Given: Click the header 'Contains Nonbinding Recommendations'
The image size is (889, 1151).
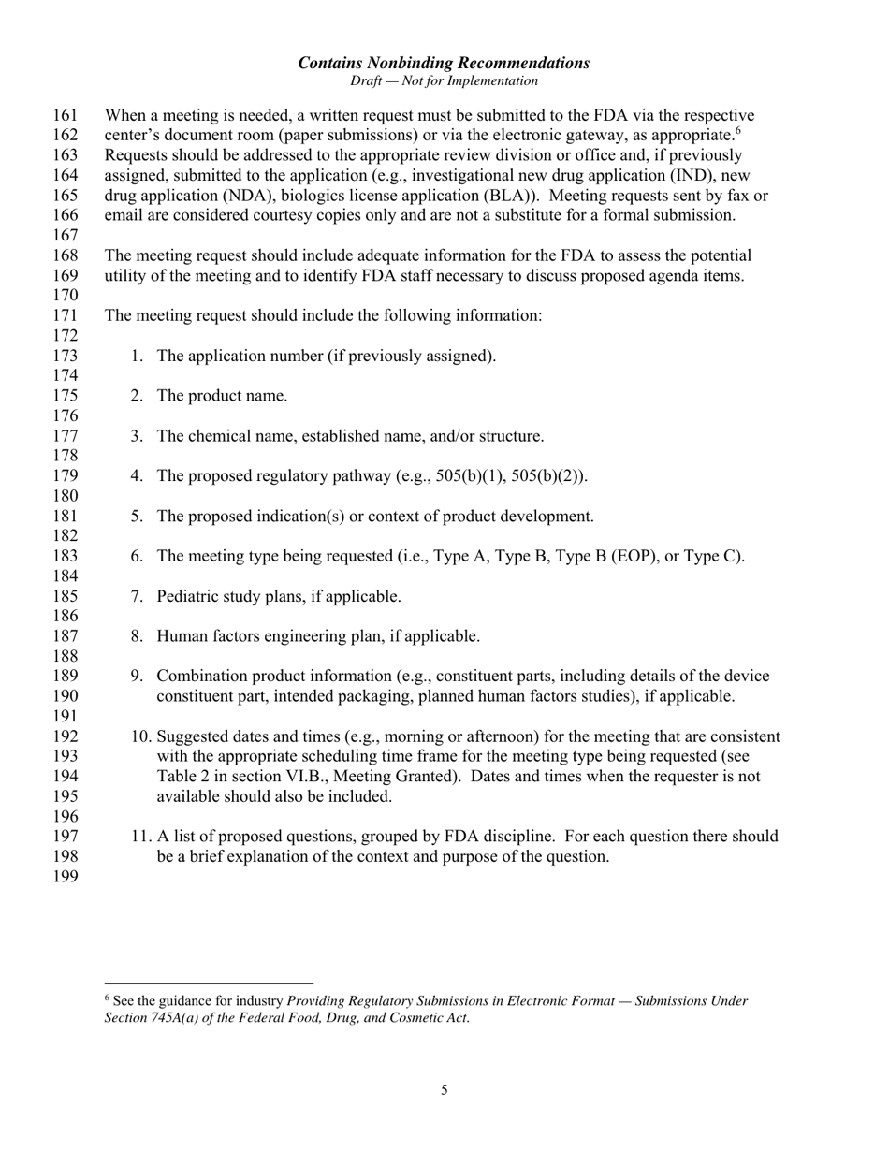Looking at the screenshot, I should [x=444, y=63].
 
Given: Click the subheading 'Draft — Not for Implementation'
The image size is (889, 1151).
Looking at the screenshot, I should [x=444, y=81].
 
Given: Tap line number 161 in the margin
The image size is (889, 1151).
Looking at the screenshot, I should [x=66, y=116].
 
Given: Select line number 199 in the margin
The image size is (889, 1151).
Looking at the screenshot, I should [x=66, y=877].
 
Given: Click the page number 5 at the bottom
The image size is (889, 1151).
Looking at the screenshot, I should [x=444, y=1089].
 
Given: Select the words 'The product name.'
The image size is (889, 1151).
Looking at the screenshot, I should [x=222, y=396].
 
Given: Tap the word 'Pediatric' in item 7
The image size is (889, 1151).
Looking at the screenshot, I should [x=190, y=596].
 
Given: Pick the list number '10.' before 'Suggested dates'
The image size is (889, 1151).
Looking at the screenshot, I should [x=142, y=736].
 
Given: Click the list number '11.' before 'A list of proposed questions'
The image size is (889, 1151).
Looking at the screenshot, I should [x=142, y=837].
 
